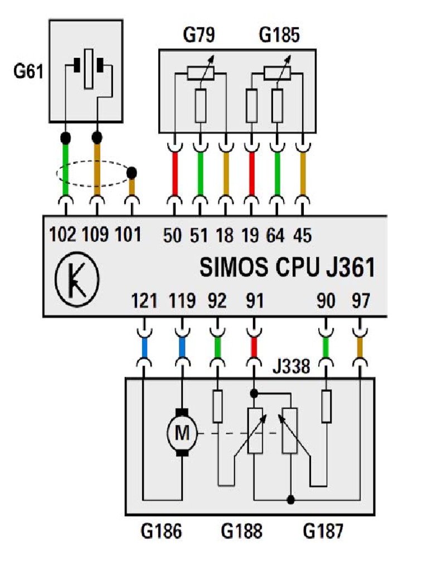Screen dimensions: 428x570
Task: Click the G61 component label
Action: pos(28,71)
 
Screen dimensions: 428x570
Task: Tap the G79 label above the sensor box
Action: pos(199,35)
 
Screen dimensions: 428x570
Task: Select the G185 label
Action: pos(279,35)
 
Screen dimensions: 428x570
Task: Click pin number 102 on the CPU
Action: pos(62,234)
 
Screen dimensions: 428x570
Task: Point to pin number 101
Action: pos(128,234)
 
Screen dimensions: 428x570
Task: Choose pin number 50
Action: pos(172,235)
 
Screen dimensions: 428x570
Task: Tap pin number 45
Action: pos(303,235)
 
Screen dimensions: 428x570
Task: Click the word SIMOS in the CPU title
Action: pos(234,267)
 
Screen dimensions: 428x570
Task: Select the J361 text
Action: pos(350,267)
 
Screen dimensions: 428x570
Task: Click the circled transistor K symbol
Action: pos(77,279)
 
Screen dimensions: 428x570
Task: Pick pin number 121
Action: pos(144,301)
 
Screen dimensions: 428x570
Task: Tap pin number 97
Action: pos(361,301)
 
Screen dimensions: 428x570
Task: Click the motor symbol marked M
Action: pos(182,433)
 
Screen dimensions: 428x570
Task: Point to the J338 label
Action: pos(291,366)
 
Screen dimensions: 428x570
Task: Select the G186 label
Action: pos(161,531)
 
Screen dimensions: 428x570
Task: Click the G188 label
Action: pos(241,531)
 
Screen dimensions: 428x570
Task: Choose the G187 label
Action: pos(323,531)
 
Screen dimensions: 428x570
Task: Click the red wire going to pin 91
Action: pos(254,348)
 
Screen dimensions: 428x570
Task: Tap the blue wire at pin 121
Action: pos(144,348)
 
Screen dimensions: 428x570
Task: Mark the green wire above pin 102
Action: pos(66,170)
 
